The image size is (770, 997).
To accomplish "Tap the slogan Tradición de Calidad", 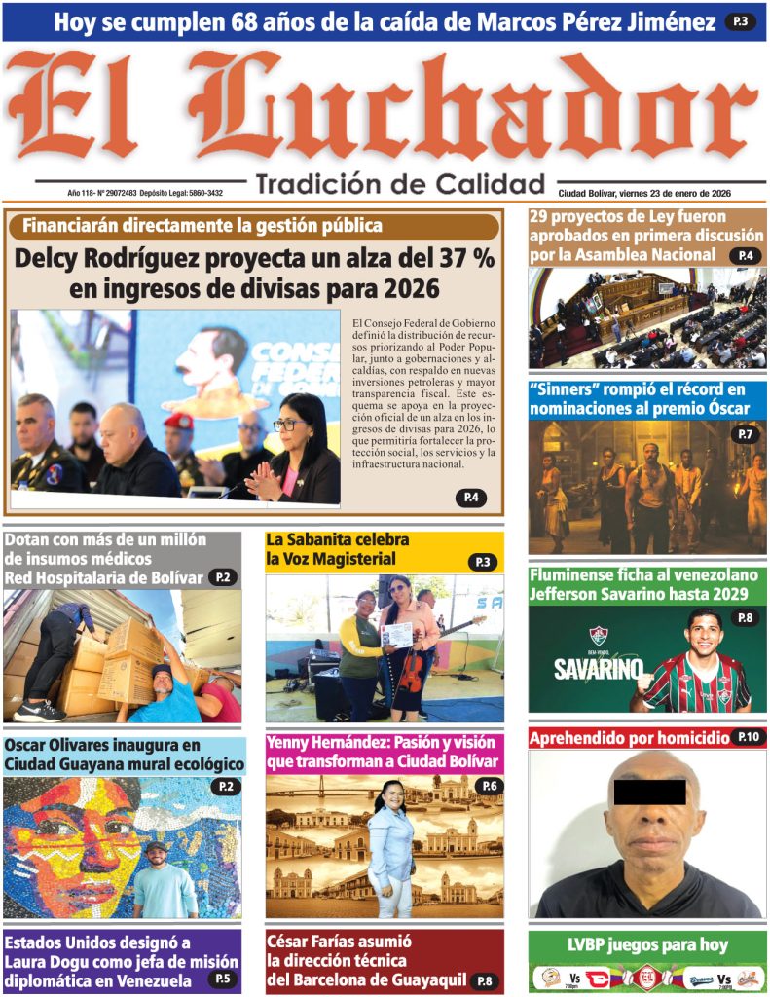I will [x=400, y=184].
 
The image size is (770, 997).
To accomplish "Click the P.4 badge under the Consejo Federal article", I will [x=470, y=498].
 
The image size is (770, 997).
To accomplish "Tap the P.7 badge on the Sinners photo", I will [x=745, y=434].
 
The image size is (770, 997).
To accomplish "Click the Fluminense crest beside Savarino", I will [x=598, y=638].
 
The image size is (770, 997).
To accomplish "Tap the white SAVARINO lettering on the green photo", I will [x=598, y=670].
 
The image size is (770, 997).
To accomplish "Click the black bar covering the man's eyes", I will [x=649, y=792].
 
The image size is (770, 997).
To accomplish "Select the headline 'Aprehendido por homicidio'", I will [x=629, y=738].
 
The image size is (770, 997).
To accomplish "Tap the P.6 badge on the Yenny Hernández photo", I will [x=488, y=786].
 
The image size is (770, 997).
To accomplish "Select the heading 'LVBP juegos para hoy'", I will [x=647, y=944].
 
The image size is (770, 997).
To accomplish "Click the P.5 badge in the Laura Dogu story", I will [x=222, y=979].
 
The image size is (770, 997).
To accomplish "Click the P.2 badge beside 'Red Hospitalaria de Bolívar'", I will [x=222, y=577].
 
